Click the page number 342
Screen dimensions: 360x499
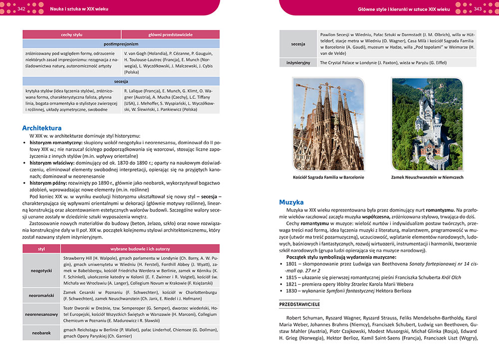(x=21, y=9)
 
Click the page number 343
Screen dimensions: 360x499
(x=478, y=9)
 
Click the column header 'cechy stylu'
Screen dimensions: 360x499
(x=71, y=34)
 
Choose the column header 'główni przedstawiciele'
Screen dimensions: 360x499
(x=171, y=34)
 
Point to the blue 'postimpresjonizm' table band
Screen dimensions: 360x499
(x=121, y=44)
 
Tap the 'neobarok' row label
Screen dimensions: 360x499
(x=41, y=333)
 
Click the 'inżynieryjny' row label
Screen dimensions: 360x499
(x=298, y=63)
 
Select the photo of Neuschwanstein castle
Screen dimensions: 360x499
(x=427, y=123)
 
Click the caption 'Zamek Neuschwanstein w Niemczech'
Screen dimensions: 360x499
(x=427, y=178)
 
